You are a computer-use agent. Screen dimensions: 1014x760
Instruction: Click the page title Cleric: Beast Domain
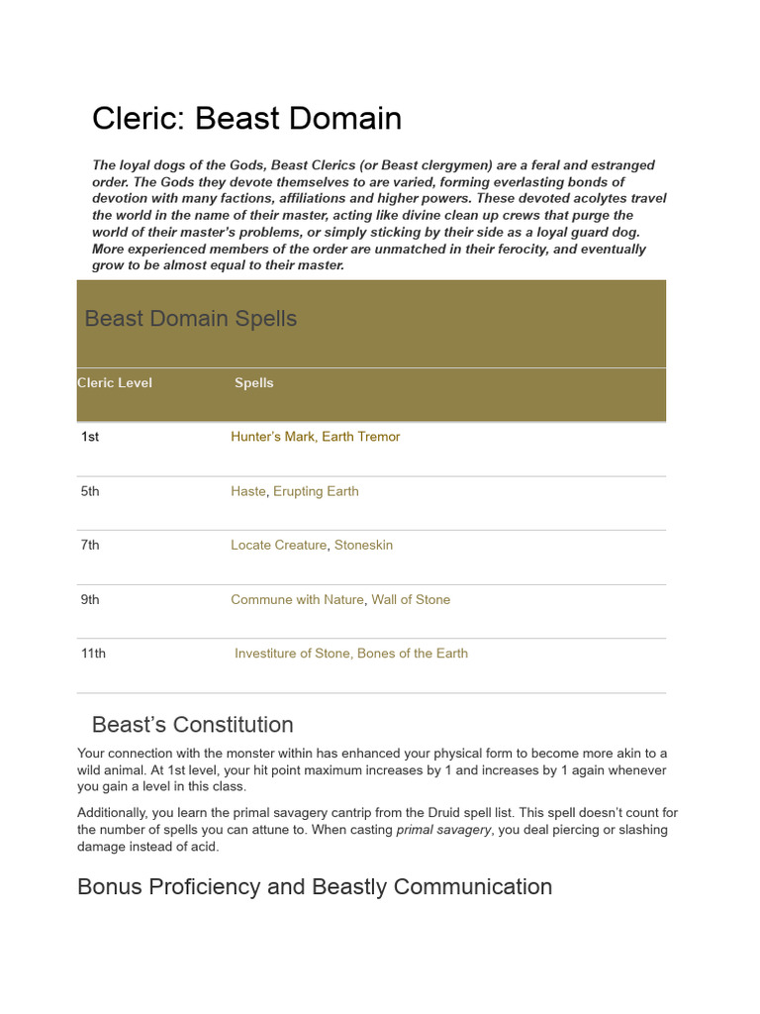pos(246,119)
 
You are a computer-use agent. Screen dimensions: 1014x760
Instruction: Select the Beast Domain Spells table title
pos(191,319)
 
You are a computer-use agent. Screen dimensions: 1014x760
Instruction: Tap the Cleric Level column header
pos(115,383)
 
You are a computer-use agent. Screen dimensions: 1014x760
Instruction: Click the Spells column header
pos(254,383)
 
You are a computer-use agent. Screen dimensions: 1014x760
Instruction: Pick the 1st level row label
pos(90,437)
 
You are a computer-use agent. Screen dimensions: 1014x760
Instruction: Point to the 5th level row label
pos(90,491)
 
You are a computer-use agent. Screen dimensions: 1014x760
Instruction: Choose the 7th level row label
pos(90,545)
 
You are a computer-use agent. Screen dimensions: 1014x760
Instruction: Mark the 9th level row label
pos(90,599)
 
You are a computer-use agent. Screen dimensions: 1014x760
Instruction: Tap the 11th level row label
pos(93,654)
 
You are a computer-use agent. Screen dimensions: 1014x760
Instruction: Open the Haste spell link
pos(248,491)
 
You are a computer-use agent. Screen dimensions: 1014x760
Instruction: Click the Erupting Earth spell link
pos(316,491)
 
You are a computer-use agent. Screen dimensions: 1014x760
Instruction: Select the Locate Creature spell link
pos(278,545)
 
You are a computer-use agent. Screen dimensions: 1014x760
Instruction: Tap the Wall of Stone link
pos(411,599)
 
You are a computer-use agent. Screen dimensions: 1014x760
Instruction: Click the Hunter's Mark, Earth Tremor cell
pos(315,437)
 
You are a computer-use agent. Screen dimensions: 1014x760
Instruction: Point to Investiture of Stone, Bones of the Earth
pos(351,654)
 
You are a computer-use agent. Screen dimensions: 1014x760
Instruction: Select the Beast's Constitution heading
pos(192,725)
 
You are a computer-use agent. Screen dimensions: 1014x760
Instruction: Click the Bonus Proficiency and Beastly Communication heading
pos(315,886)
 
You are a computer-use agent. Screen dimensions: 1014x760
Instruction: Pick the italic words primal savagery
pos(443,830)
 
